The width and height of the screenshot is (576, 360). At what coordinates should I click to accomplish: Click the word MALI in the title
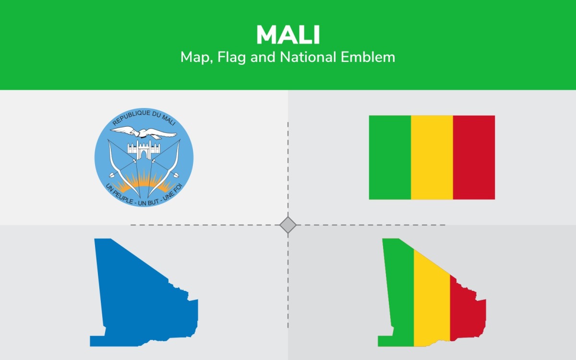coord(288,35)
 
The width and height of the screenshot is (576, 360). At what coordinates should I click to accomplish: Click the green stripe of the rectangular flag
coord(390,157)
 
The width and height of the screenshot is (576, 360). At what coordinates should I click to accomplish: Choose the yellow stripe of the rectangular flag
coord(432,157)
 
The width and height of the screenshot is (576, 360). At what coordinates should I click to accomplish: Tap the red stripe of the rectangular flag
coord(474,157)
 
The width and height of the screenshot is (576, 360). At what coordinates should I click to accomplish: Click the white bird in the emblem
coord(144,132)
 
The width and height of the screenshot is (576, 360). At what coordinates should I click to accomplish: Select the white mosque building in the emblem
coord(144,150)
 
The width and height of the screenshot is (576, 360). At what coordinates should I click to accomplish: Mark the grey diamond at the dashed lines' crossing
coord(288,225)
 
